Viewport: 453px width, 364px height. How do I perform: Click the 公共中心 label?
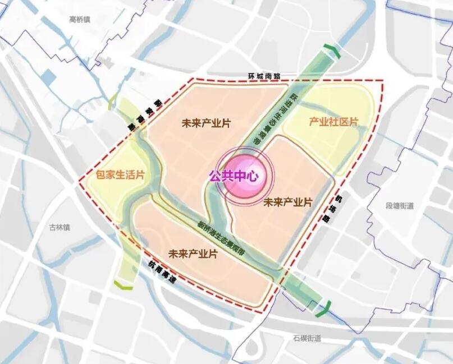[x=233, y=176]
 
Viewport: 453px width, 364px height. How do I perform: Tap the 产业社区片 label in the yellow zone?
[x=333, y=122]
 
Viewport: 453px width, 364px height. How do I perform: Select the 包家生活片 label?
[x=120, y=175]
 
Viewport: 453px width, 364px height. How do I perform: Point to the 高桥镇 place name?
[x=80, y=19]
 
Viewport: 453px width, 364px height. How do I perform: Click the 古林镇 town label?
[x=59, y=227]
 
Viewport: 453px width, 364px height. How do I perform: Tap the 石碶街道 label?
[x=306, y=338]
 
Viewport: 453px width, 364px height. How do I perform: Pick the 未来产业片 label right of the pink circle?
[x=287, y=202]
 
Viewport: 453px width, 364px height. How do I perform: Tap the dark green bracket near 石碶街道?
[x=324, y=307]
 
